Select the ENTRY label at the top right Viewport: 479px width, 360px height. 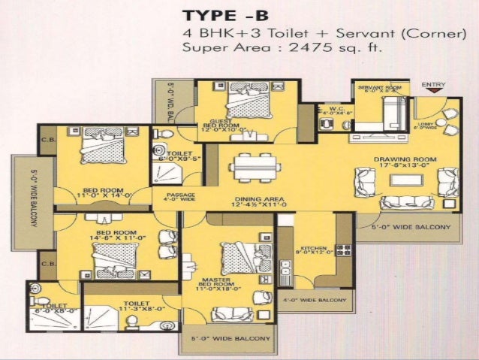coord(433,84)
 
